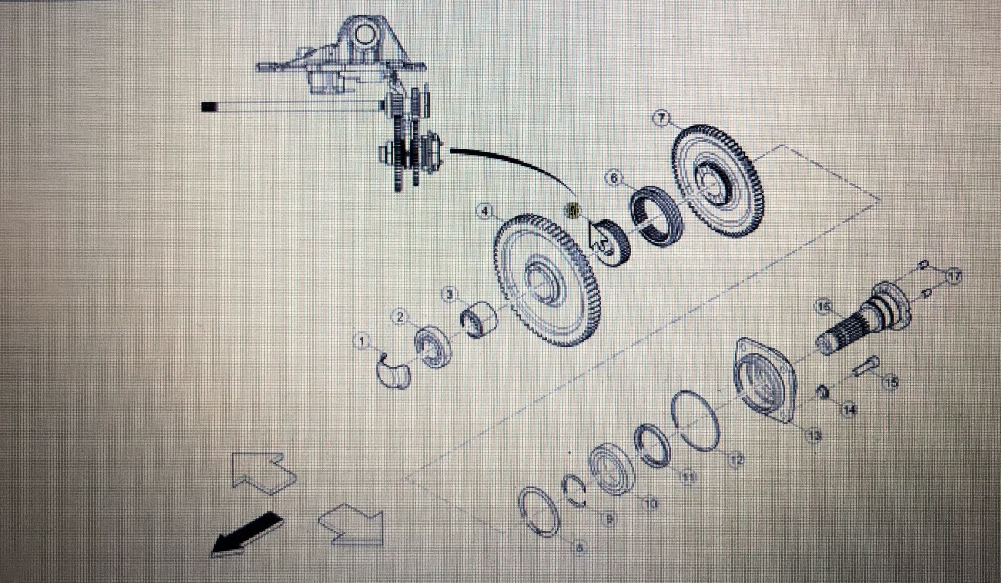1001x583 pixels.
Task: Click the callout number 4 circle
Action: tap(484, 210)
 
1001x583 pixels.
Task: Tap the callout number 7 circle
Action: tap(661, 118)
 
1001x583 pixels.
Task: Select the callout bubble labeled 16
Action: tap(823, 307)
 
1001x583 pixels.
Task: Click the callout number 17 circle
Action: tap(954, 276)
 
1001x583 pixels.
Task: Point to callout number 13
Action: tap(814, 435)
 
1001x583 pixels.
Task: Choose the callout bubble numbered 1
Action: tap(361, 340)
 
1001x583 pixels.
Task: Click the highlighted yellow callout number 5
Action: tap(572, 209)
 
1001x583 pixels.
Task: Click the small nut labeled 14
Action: tap(822, 394)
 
